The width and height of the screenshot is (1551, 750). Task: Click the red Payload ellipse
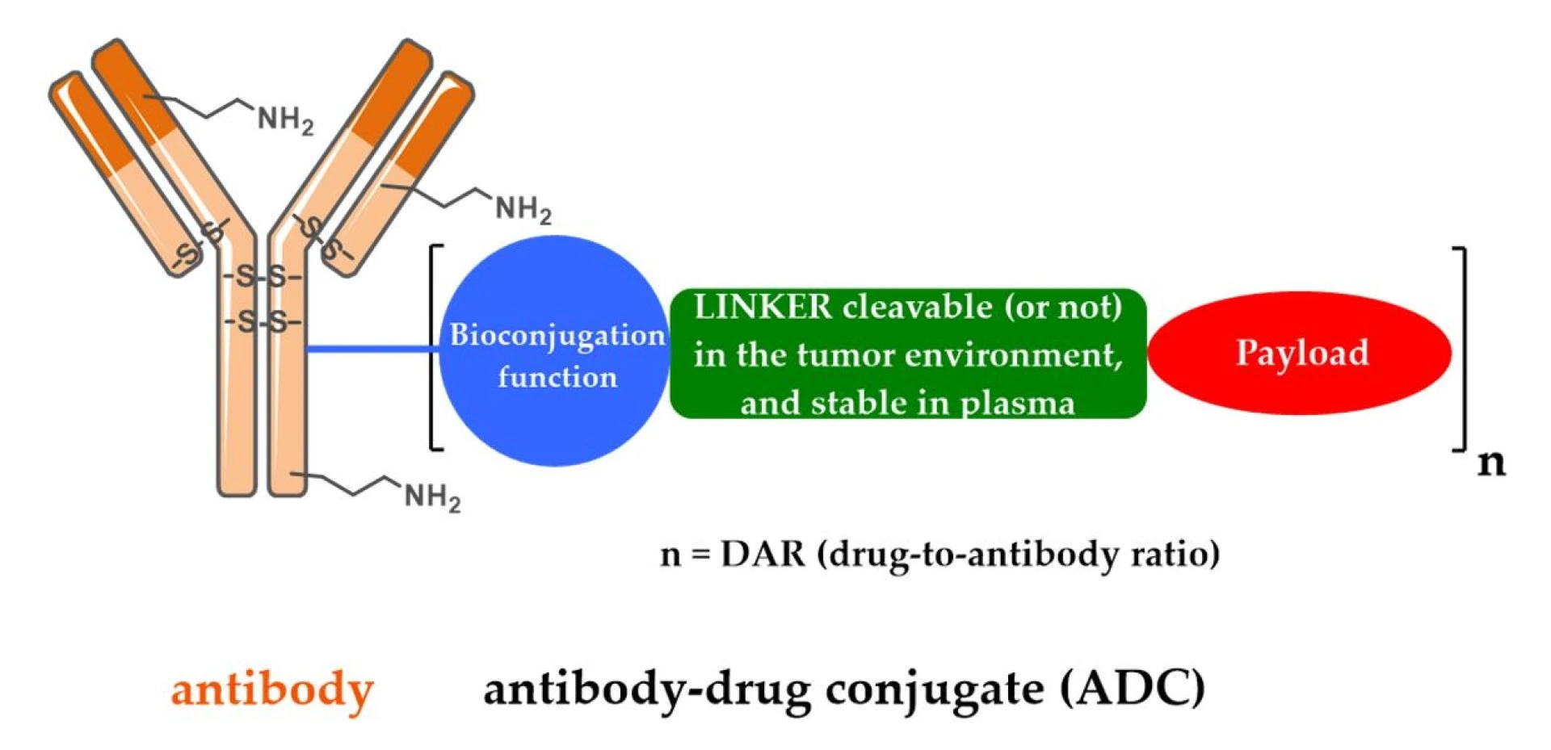1299,353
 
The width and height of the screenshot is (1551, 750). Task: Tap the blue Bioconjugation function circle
556,351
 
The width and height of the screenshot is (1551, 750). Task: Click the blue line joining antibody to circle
372,349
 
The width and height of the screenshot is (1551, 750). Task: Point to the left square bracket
434,347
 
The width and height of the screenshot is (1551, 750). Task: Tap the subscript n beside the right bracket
1491,463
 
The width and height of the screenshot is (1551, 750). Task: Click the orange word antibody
272,690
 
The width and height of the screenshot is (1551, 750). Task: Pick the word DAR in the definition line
763,555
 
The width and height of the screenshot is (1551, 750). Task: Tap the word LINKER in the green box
762,307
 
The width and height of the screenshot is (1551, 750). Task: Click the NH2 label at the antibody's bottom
432,497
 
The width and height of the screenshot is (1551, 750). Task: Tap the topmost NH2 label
285,120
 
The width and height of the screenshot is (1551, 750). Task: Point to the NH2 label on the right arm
523,209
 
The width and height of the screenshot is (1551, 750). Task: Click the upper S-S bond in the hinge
262,278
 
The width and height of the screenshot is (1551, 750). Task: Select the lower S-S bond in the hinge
262,323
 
